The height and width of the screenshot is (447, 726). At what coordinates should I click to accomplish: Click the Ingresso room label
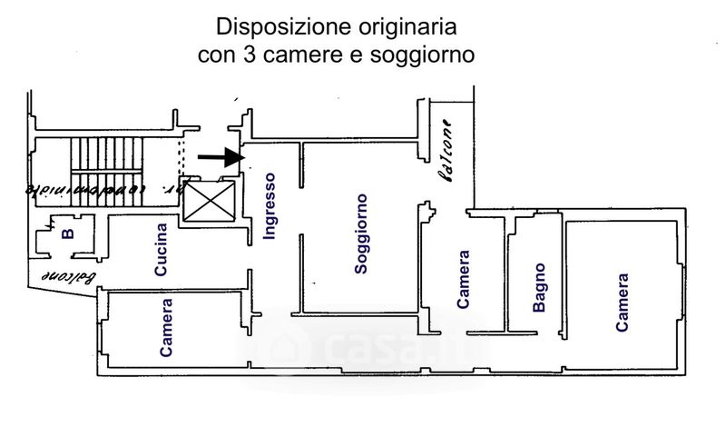[x=270, y=206]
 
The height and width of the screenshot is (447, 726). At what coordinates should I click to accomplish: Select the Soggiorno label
[x=360, y=233]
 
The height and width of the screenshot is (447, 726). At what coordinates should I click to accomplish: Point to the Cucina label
[x=161, y=250]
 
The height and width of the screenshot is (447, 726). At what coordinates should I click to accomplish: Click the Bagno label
[x=539, y=288]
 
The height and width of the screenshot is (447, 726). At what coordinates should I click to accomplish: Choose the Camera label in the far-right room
[x=622, y=303]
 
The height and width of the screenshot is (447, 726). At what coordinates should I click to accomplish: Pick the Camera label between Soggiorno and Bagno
[x=463, y=280]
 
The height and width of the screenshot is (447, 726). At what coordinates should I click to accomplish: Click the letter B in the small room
[x=66, y=233]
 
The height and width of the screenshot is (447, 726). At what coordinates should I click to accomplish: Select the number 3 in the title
[x=248, y=54]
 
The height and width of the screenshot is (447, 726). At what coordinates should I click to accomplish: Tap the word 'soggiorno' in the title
[x=427, y=54]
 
